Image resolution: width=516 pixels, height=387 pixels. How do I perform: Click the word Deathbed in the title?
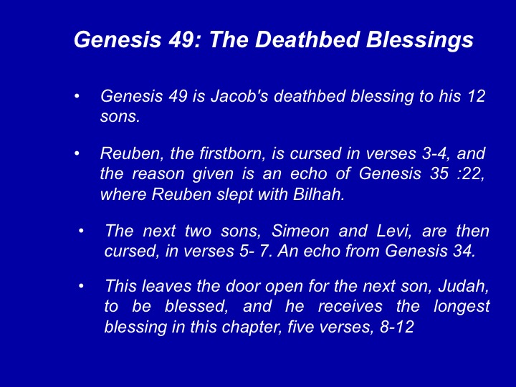point(307,39)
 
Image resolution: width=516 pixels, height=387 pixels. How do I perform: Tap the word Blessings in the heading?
point(420,41)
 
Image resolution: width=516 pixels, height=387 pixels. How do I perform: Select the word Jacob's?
point(239,97)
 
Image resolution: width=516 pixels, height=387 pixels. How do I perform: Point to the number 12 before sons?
point(476,97)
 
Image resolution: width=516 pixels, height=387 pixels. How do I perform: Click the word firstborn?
point(218,153)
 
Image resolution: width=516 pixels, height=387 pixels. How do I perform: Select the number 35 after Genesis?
point(439,173)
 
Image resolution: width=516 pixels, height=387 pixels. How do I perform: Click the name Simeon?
point(300,231)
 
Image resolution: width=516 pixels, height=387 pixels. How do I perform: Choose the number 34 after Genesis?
point(464,251)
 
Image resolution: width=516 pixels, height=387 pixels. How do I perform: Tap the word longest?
point(462,307)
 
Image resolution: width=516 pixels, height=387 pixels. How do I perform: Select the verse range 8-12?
point(397,327)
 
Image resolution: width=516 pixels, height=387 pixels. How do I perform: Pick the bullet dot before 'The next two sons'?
point(81,231)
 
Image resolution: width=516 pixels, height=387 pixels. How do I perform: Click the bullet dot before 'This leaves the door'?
point(81,286)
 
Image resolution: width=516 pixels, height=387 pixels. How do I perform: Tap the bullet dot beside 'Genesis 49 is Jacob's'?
point(77,97)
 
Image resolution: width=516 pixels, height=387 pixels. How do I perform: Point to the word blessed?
point(196,307)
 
